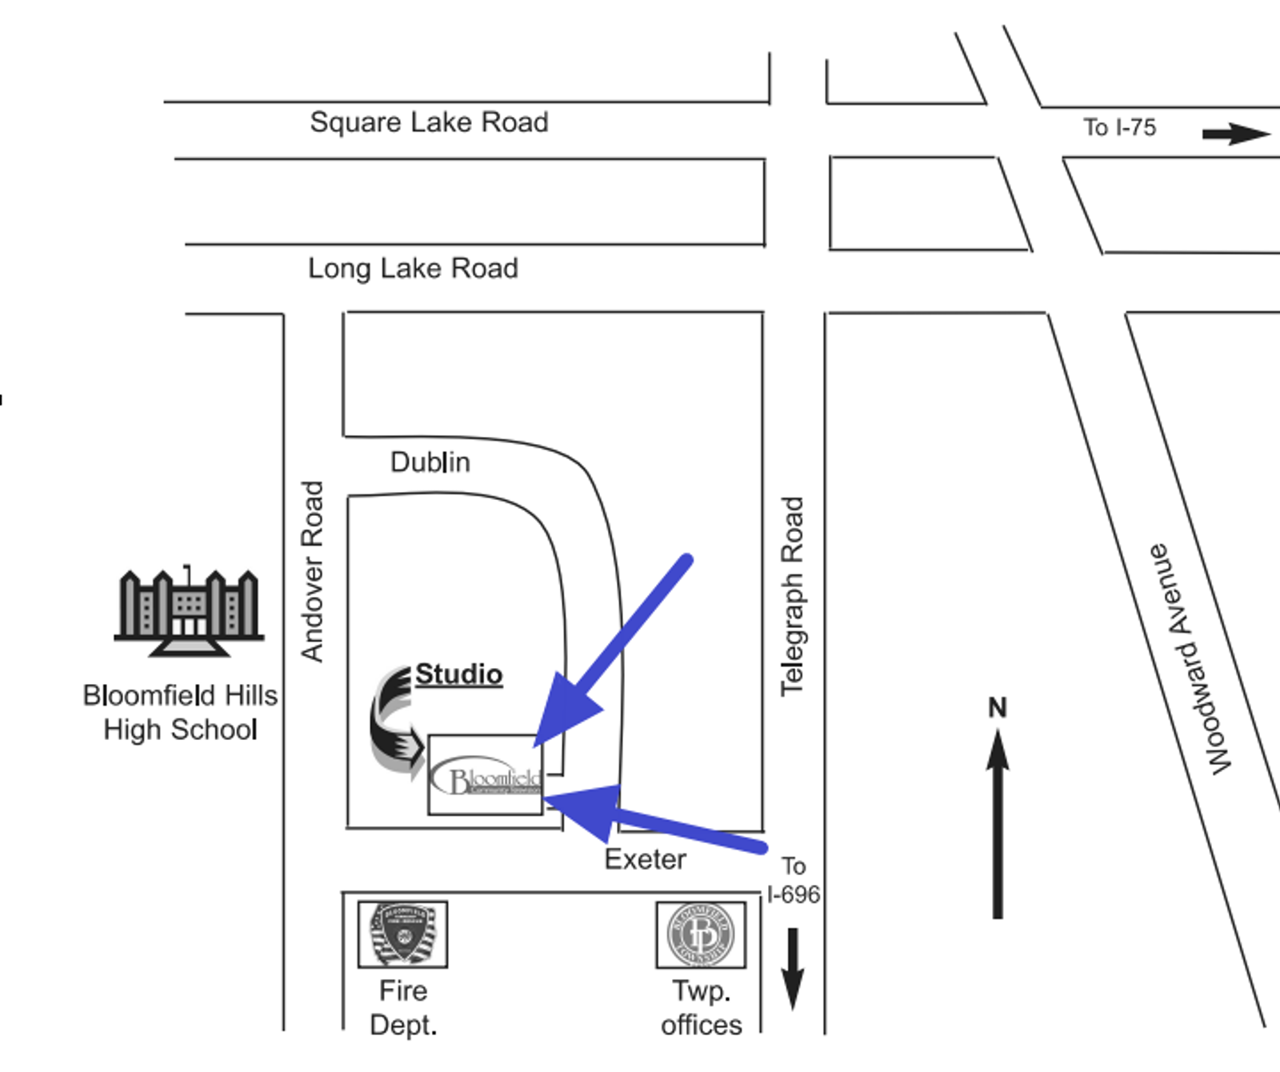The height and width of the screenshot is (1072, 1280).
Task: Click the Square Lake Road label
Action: (429, 122)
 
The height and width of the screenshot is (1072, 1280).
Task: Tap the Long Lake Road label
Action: (413, 268)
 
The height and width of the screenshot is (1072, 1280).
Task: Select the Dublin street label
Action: (430, 462)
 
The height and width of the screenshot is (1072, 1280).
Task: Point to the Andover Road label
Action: (312, 571)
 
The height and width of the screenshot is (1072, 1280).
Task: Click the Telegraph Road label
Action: (792, 596)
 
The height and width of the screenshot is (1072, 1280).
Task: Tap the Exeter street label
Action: (645, 859)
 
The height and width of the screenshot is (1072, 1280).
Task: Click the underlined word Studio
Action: (458, 674)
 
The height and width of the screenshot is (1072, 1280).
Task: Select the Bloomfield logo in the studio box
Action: (486, 776)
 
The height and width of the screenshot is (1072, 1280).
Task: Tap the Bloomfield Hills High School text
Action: (180, 712)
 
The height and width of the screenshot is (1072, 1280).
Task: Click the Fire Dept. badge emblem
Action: (402, 934)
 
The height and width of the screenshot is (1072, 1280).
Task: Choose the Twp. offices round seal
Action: (701, 934)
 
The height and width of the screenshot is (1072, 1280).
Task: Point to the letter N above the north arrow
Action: (997, 707)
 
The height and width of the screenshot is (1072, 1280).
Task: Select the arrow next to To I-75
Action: (1236, 133)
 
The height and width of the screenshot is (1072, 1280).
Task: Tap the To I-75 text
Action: (1119, 127)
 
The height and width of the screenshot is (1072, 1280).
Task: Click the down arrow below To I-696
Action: (792, 968)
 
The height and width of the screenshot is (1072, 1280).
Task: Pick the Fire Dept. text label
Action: (403, 1007)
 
